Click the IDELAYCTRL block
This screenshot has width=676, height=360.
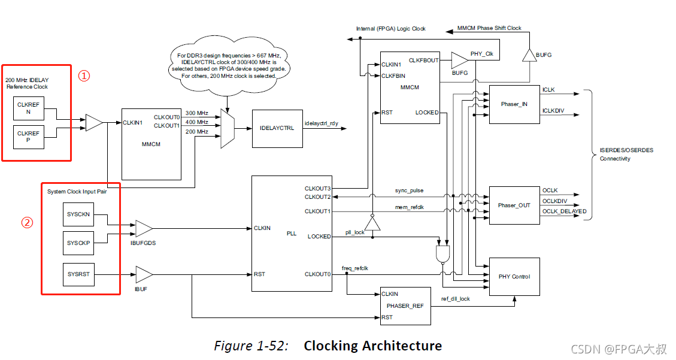point(277,128)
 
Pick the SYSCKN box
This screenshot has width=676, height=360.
point(78,214)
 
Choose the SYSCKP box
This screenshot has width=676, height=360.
point(78,243)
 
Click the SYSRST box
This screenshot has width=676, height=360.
point(78,274)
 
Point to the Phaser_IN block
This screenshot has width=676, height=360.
point(514,104)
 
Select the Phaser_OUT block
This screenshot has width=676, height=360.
point(514,205)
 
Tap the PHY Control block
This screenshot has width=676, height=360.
point(514,277)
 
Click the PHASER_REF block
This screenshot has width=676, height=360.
point(405,305)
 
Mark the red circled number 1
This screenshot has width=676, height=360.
point(85,76)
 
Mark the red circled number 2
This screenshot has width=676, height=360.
point(27,222)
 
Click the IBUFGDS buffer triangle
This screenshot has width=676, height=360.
point(144,228)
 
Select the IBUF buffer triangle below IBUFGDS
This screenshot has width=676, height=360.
point(144,274)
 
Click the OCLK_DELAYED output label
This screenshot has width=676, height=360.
point(564,211)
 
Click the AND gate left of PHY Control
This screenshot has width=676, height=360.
point(444,255)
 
